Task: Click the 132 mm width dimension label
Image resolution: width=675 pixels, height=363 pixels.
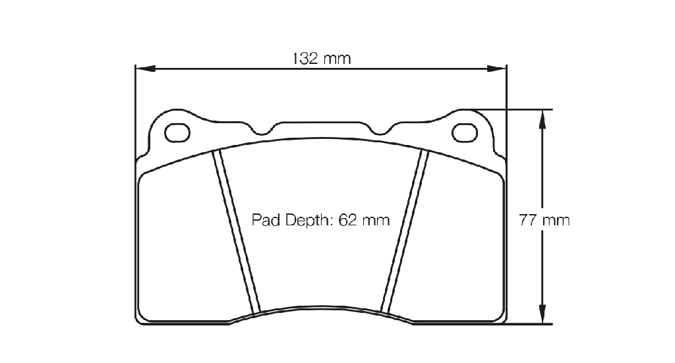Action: click(x=322, y=58)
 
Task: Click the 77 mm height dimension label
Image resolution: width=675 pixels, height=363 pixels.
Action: click(x=544, y=220)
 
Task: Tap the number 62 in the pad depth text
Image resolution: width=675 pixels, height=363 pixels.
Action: click(x=348, y=220)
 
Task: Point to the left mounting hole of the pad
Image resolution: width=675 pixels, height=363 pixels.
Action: click(x=177, y=132)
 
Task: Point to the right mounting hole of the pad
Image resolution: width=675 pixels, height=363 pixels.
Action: click(x=465, y=132)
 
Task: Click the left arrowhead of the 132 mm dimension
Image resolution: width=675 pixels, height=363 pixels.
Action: click(x=145, y=69)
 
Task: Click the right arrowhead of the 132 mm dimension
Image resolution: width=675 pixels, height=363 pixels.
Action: click(x=497, y=69)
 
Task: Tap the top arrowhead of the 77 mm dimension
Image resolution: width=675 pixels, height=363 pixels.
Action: click(x=543, y=119)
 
